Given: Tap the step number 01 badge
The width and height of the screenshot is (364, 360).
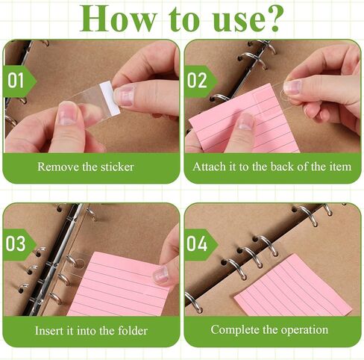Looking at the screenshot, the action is tap(19, 81).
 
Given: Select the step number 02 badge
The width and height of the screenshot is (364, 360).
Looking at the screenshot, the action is tap(201, 81).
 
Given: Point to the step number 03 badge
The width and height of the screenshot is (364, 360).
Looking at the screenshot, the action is tap(19, 244).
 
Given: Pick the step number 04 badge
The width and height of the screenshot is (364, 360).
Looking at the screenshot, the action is tap(201, 244).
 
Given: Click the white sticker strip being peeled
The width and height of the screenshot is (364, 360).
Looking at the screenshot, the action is tap(110, 98).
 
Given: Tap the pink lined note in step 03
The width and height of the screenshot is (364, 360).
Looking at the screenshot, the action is tap(119, 285).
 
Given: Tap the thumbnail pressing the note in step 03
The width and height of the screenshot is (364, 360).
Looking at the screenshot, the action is tap(160, 274).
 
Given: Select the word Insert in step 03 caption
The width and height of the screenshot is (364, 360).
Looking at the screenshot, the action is tap(49, 331).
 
